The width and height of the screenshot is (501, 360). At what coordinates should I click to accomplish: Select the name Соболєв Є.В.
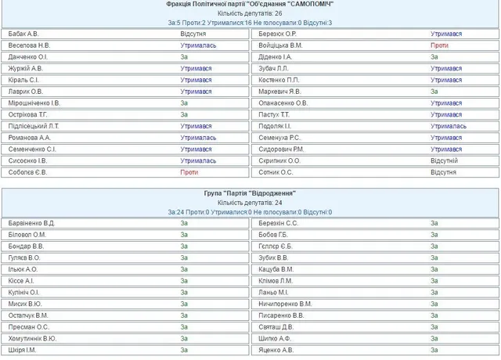pyautogui.click(x=28, y=172)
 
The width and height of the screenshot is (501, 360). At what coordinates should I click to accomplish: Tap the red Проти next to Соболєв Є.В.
pyautogui.click(x=189, y=172)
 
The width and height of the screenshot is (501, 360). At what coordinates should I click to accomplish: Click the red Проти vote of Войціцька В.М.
pyautogui.click(x=439, y=46)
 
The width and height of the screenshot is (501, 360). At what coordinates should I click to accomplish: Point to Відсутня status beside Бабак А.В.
pyautogui.click(x=194, y=34)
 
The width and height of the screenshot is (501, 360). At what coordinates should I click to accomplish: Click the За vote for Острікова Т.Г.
pyautogui.click(x=184, y=115)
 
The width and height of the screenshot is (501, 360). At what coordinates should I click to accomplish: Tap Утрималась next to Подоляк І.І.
pyautogui.click(x=449, y=126)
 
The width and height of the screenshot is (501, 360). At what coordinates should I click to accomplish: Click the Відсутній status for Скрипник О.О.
pyautogui.click(x=444, y=160)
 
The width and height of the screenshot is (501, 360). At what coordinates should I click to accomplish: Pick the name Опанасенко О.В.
pyautogui.click(x=283, y=103)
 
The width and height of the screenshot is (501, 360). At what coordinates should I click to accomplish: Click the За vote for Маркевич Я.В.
pyautogui.click(x=434, y=92)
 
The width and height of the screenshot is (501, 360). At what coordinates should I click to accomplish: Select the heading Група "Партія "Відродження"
pyautogui.click(x=250, y=193)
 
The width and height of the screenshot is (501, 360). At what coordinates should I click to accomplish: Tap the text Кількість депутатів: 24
pyautogui.click(x=250, y=202)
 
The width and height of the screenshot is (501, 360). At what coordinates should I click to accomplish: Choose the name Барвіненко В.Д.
pyautogui.click(x=32, y=223)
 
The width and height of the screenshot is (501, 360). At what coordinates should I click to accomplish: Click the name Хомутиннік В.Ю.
pyautogui.click(x=33, y=338)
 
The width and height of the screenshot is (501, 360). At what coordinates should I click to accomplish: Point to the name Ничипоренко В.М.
pyautogui.click(x=285, y=304)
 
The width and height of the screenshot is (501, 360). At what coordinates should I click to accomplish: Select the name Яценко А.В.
pyautogui.click(x=276, y=350)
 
